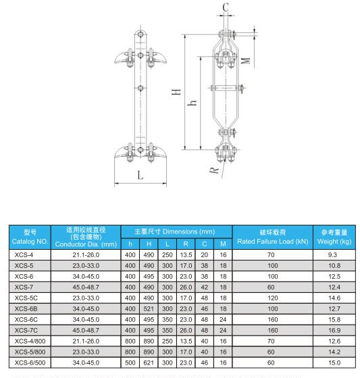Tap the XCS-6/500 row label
[x=30, y=363]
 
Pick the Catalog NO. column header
[x=30, y=236]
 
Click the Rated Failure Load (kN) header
[x=272, y=241]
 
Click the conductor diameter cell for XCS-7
[x=87, y=287]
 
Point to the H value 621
[x=149, y=363]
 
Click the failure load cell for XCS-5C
[x=272, y=298]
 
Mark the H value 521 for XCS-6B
[x=149, y=308]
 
